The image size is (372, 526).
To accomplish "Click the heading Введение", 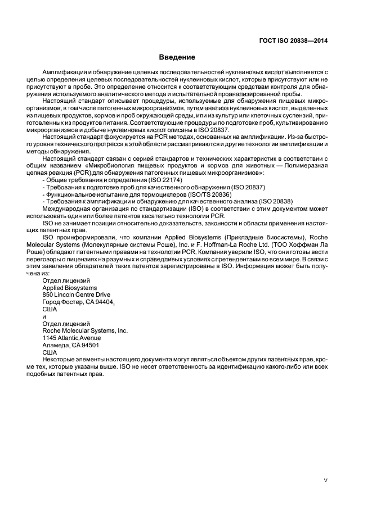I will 177,57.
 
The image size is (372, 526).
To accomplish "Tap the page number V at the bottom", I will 326,480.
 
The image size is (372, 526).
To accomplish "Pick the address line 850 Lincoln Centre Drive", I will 77,294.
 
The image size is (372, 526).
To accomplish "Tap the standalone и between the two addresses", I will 44,316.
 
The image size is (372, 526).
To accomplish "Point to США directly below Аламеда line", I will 50,353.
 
